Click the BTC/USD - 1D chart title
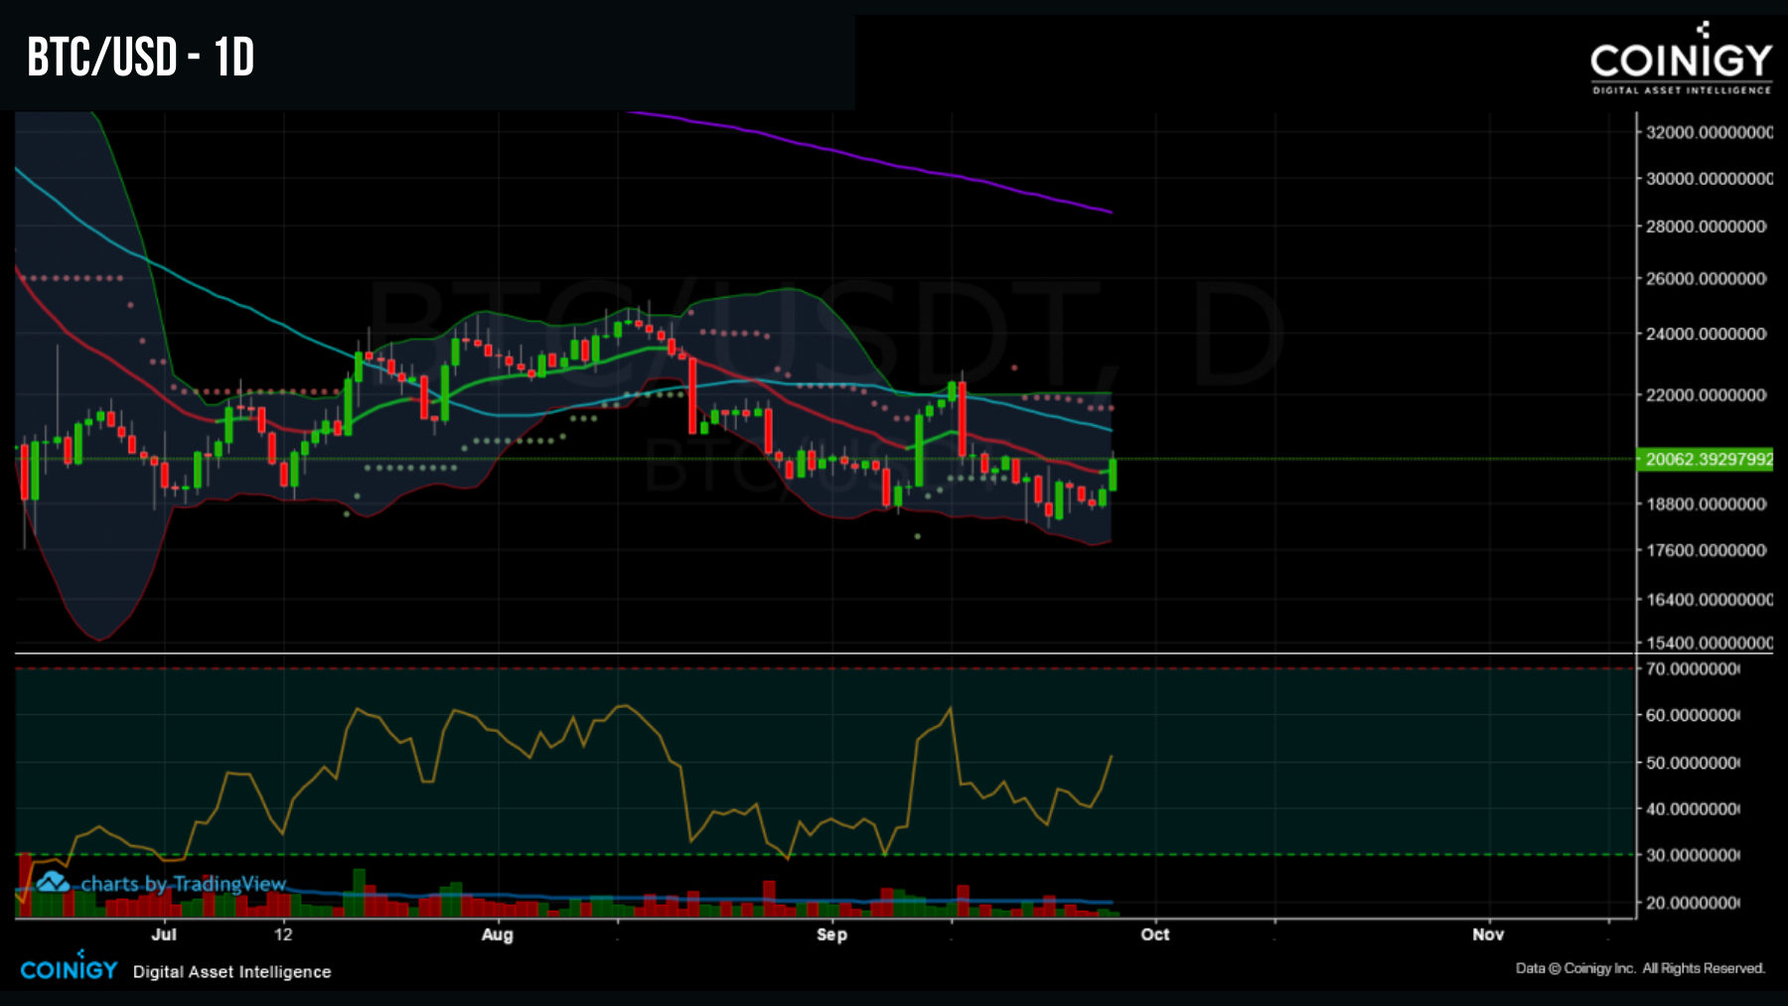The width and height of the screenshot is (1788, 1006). (141, 58)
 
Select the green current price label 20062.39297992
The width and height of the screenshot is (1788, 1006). (1708, 459)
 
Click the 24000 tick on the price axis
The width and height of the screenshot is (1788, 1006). (1706, 334)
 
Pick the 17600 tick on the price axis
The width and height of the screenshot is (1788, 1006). (1706, 550)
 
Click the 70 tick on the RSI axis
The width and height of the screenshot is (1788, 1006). (1693, 669)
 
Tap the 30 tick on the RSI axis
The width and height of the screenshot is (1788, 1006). (1693, 855)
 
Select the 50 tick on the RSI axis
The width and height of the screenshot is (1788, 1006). (1693, 763)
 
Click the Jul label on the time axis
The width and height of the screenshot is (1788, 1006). (164, 934)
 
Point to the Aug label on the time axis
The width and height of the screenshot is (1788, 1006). (497, 934)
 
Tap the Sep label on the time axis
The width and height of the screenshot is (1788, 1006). (831, 934)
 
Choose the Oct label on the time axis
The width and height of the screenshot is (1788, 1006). (1154, 934)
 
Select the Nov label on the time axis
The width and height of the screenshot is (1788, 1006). (1487, 934)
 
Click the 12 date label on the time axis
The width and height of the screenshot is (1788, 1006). (284, 934)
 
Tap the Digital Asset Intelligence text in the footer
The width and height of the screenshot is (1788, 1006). (231, 972)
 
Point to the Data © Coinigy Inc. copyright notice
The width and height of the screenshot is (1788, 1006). (1640, 968)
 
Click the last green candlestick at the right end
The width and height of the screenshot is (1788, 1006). (1113, 474)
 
